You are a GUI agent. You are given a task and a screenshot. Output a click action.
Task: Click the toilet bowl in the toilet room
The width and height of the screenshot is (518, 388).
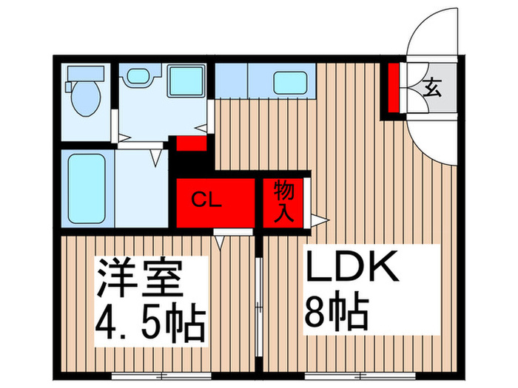coord(86,98)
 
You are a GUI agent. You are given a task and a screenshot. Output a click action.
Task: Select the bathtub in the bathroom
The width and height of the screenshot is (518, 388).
coord(87,188)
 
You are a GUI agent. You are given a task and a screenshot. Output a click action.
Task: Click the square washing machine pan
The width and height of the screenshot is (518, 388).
coord(186,81)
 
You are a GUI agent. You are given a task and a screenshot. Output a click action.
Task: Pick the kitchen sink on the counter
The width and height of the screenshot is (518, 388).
coord(290,83)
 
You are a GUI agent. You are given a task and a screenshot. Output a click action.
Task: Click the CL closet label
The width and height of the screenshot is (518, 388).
coord(206,200)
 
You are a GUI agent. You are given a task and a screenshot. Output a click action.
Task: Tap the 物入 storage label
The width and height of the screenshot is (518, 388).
coord(283,201)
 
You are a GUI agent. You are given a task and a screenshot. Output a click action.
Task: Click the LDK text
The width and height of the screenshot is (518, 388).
coord(352,266)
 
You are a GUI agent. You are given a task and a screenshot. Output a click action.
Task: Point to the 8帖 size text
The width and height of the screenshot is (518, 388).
coord(336,312)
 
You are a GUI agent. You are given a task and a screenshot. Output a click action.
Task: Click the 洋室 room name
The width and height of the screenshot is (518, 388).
coord(139,278)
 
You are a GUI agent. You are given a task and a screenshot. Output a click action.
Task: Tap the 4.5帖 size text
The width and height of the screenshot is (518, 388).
coord(150,322)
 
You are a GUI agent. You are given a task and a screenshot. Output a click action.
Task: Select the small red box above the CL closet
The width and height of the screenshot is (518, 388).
coord(192,143)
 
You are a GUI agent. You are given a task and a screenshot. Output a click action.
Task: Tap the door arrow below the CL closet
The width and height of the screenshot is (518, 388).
coord(220,242)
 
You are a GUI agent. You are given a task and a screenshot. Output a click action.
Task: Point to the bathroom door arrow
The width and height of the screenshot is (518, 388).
coord(155,158)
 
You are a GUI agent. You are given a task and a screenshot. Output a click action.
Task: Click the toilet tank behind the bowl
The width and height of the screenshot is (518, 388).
coord(86,73)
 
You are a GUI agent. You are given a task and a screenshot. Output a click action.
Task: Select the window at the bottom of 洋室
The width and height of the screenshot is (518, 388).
coord(161,375)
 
